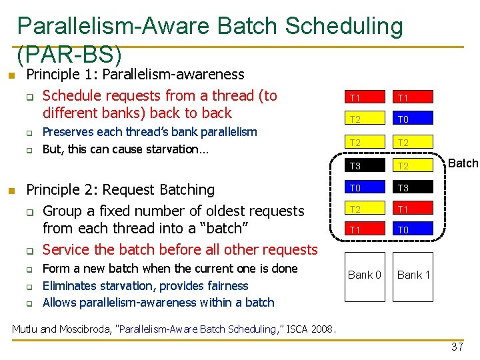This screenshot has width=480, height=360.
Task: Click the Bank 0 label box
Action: [365, 275]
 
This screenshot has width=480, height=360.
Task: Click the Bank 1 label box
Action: [413, 275]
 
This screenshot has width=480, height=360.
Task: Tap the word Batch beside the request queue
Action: [463, 163]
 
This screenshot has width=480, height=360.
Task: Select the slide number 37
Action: [457, 347]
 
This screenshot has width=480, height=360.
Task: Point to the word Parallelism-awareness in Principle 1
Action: [173, 75]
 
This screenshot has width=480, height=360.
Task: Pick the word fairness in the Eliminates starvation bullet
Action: [225, 286]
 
